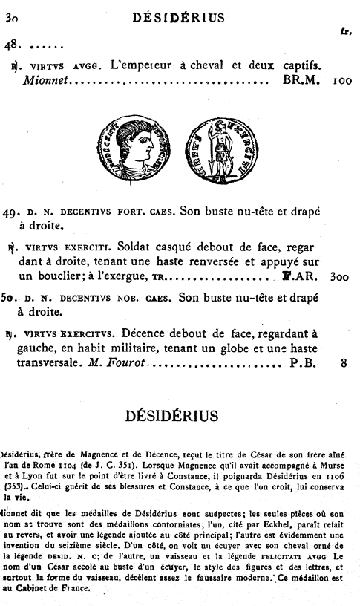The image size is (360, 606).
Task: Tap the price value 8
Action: (344, 364)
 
